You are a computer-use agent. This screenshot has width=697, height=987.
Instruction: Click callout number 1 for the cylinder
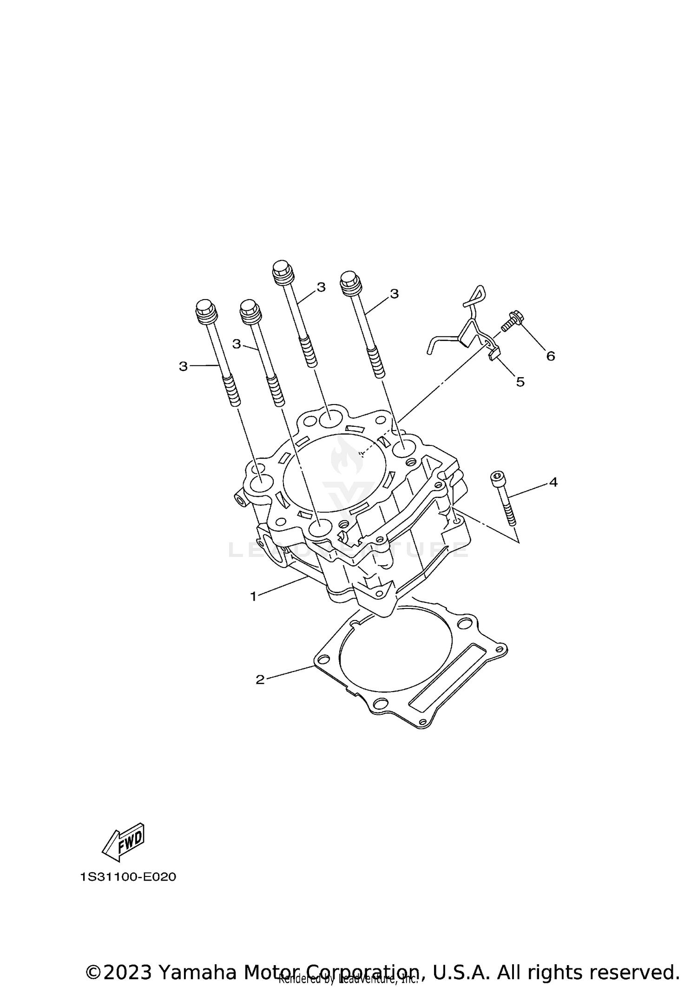253,596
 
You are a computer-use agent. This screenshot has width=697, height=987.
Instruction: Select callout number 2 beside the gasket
260,680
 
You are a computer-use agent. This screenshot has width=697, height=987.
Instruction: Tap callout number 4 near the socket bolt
553,483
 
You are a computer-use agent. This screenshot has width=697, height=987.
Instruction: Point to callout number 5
520,382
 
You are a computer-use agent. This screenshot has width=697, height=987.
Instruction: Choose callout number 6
551,356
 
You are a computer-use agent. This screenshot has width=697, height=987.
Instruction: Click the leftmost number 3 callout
183,366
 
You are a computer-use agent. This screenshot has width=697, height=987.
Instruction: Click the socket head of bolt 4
496,477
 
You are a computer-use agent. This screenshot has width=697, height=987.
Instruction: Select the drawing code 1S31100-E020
128,877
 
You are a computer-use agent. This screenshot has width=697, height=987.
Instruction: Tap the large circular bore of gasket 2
395,649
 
